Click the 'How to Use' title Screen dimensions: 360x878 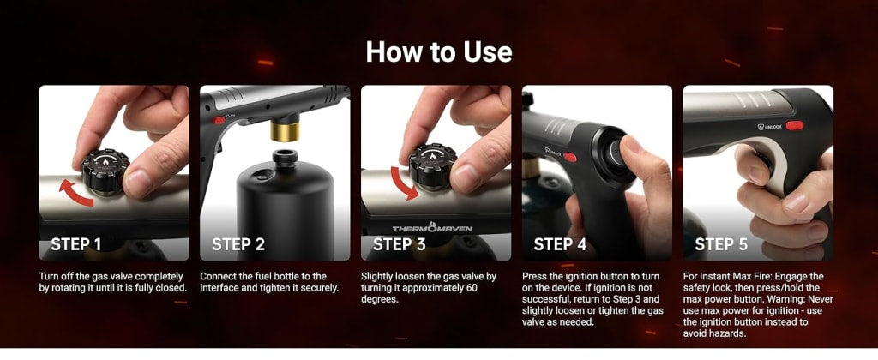pyautogui.click(x=439, y=51)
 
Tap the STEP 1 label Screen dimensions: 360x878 pyautogui.click(x=76, y=244)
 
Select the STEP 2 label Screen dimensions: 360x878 pyautogui.click(x=238, y=244)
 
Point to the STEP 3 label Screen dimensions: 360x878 pyautogui.click(x=399, y=244)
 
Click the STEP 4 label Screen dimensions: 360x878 pyautogui.click(x=560, y=244)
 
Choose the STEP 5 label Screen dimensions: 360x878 pyautogui.click(x=721, y=244)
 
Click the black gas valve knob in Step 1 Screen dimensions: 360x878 pyautogui.click(x=105, y=171)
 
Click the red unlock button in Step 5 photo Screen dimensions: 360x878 pyautogui.click(x=796, y=125)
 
